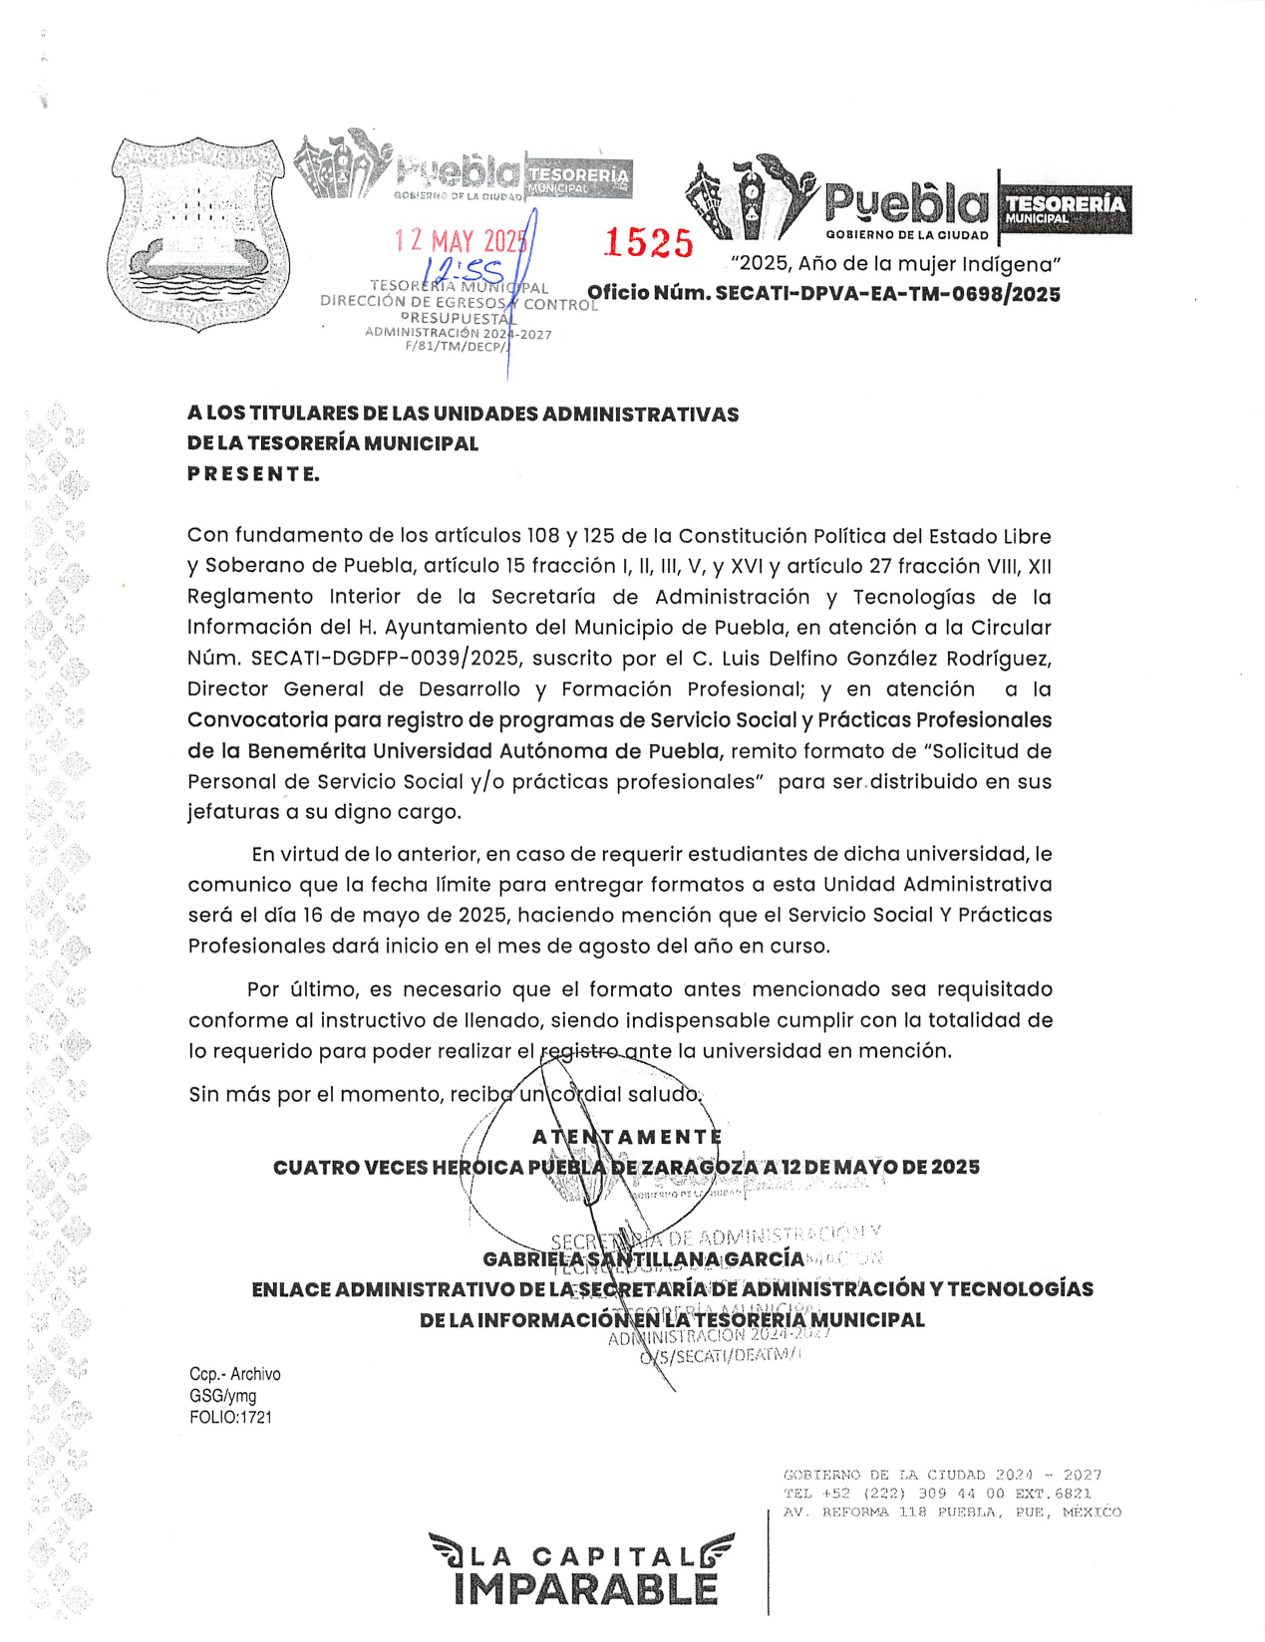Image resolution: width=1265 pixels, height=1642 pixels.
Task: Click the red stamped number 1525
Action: pyautogui.click(x=649, y=243)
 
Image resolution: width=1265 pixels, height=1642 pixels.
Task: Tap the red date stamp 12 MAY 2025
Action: pyautogui.click(x=460, y=241)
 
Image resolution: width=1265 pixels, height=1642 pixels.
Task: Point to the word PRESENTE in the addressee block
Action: pyautogui.click(x=253, y=474)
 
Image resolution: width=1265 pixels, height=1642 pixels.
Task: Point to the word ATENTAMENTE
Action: pyautogui.click(x=626, y=1137)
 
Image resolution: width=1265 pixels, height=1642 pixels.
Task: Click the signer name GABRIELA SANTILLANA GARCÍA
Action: pyautogui.click(x=643, y=1259)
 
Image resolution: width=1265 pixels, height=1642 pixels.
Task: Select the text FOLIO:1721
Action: pyautogui.click(x=230, y=1417)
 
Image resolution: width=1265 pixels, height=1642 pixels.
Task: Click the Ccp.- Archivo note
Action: pyautogui.click(x=235, y=1374)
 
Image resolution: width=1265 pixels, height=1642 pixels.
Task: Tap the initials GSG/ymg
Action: pyautogui.click(x=223, y=1396)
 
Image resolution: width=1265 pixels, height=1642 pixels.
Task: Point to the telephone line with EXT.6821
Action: pyautogui.click(x=937, y=1494)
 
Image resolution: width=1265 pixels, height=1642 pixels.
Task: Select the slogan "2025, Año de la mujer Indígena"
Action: pyautogui.click(x=895, y=264)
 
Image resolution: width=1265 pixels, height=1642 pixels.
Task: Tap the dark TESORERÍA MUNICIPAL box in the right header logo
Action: pyautogui.click(x=1065, y=209)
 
